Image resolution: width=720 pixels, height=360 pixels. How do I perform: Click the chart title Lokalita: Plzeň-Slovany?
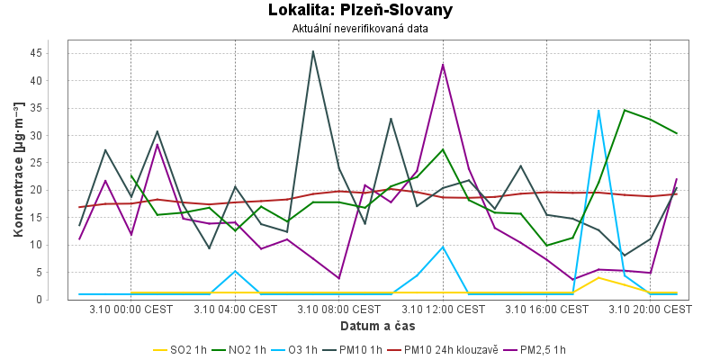click(x=360, y=11)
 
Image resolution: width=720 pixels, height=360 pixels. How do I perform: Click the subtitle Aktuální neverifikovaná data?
click(x=360, y=29)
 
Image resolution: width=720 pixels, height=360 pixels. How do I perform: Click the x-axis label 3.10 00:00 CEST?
click(x=131, y=309)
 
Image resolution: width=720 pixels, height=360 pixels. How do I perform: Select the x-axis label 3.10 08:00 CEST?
click(x=339, y=309)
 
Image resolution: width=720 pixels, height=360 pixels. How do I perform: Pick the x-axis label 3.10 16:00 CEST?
click(x=546, y=309)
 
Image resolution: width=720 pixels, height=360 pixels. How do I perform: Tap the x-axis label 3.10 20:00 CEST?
click(x=651, y=309)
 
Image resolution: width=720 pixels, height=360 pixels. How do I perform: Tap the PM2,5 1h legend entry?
click(x=537, y=349)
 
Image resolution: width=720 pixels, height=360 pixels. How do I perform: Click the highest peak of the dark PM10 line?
click(x=313, y=51)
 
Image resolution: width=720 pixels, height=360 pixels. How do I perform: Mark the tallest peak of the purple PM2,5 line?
click(x=443, y=65)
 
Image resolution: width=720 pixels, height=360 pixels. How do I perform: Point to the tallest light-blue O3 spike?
click(x=598, y=111)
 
